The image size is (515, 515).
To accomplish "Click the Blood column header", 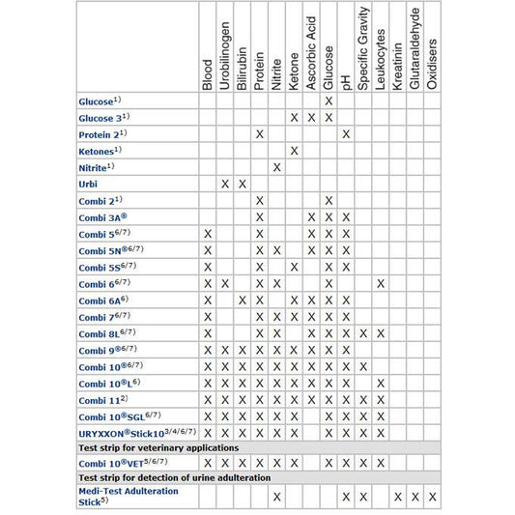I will [x=208, y=75].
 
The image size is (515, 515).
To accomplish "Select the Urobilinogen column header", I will [x=225, y=60].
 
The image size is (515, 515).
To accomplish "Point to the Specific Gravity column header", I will [x=363, y=52].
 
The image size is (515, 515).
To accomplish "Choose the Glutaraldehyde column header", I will [x=415, y=48].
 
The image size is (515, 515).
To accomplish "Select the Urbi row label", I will [x=88, y=184].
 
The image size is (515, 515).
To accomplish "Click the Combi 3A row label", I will [x=101, y=217].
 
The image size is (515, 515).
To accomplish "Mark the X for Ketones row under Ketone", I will [x=294, y=150].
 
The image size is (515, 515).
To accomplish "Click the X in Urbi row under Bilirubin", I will [x=243, y=184].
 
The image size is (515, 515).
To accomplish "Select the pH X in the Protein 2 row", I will [x=346, y=133].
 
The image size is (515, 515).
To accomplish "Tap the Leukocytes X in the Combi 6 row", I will [x=381, y=283].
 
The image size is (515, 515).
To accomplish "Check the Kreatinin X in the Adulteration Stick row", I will [x=398, y=496].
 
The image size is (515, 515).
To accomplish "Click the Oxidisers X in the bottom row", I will [x=433, y=496].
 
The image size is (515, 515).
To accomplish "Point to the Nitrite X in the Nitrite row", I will [x=276, y=167].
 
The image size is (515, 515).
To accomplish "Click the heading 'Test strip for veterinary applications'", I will [x=157, y=447].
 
